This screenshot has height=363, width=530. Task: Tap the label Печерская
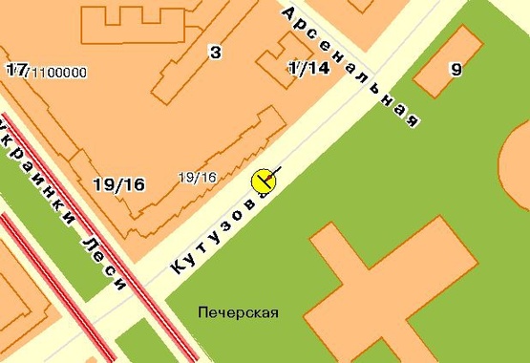(x=238, y=311)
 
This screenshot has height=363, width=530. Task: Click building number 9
(x=456, y=69)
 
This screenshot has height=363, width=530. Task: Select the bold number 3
(x=215, y=52)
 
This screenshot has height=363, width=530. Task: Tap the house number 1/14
(x=307, y=68)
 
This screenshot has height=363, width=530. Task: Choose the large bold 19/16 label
(x=119, y=184)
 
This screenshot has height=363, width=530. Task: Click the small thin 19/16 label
(x=198, y=177)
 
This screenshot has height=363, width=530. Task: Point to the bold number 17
(x=15, y=70)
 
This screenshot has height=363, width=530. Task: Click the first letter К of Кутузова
(x=177, y=269)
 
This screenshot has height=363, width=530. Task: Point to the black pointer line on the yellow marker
(x=273, y=174)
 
